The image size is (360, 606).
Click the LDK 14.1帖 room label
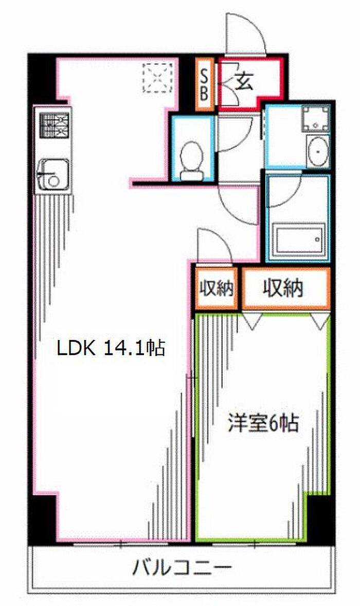pyautogui.click(x=111, y=348)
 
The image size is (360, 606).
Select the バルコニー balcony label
pyautogui.click(x=182, y=568)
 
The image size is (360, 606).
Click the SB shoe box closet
pyautogui.click(x=204, y=84)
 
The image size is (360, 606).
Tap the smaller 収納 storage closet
pyautogui.click(x=217, y=288)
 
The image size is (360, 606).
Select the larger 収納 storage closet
pyautogui.click(x=286, y=288)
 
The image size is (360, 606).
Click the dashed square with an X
pyautogui.click(x=157, y=78)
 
